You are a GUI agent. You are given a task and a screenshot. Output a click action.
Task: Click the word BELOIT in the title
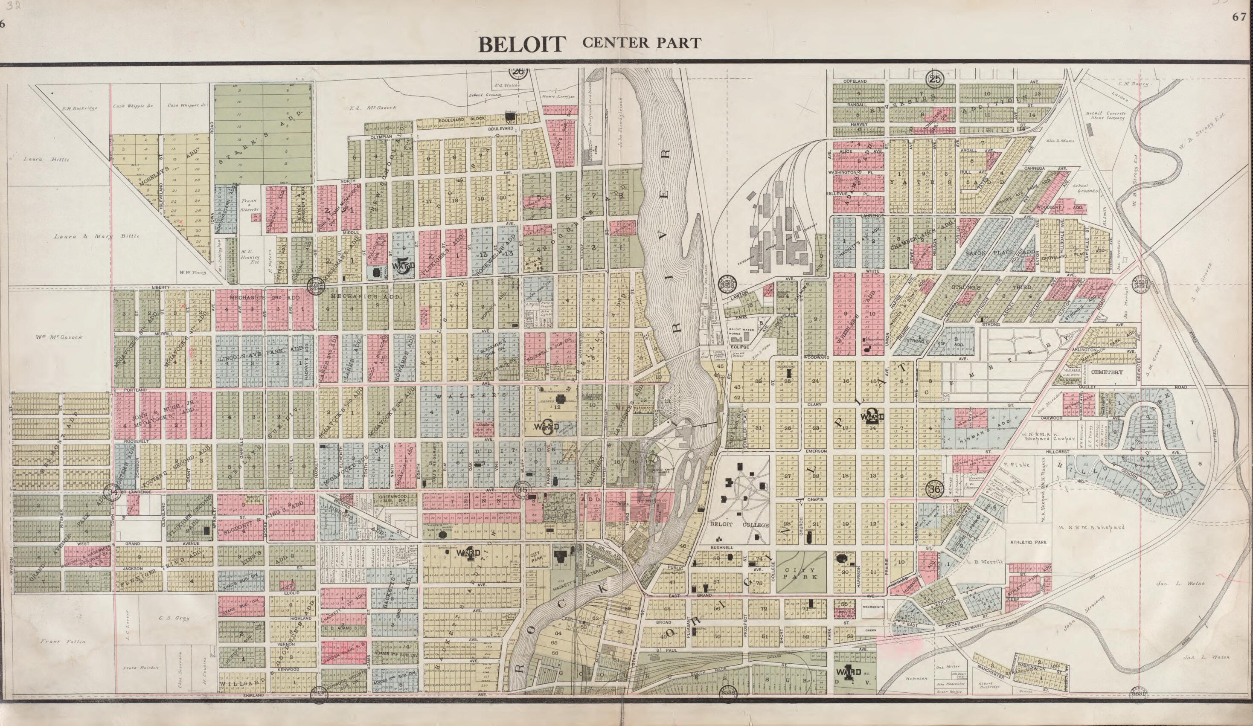(x=522, y=44)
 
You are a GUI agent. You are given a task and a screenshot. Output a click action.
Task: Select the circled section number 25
(x=935, y=78)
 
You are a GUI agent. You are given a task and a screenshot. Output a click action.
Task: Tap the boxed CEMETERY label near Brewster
(x=1105, y=372)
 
